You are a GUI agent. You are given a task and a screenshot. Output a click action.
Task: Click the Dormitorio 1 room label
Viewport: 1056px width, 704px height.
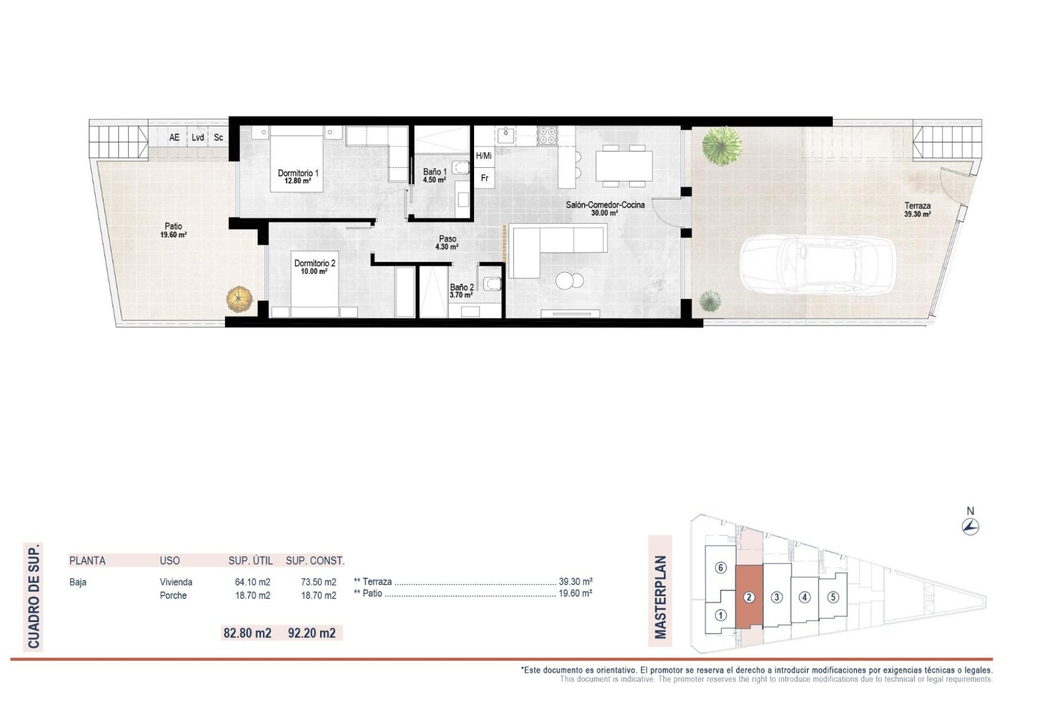tap(298, 176)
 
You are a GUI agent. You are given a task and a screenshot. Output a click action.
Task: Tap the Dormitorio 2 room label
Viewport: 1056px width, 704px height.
tap(314, 267)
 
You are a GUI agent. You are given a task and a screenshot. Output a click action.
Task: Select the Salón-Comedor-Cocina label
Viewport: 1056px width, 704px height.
tap(605, 208)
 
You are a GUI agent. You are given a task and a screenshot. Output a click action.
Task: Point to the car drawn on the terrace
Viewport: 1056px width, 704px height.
tap(818, 266)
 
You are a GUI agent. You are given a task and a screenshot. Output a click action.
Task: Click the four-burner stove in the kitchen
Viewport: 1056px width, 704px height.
tap(547, 135)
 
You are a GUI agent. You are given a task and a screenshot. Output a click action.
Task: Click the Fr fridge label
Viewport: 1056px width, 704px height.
tap(485, 178)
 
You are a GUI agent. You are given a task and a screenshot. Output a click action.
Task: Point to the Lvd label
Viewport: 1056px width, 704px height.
tap(198, 137)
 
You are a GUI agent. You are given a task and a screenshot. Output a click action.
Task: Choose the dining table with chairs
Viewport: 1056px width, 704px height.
tap(624, 166)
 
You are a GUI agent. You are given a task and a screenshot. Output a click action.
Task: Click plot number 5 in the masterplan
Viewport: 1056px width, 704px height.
tap(833, 597)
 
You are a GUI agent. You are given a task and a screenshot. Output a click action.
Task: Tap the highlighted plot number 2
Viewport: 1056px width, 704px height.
tap(749, 597)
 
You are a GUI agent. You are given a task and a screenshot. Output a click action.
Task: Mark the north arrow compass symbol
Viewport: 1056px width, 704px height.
tap(970, 526)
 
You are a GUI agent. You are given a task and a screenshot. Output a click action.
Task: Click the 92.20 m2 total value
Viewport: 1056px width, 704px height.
tap(311, 633)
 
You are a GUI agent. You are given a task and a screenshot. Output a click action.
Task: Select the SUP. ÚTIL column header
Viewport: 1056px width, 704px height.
tap(250, 560)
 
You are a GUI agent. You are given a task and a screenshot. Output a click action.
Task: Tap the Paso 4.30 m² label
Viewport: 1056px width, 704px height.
tap(447, 243)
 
